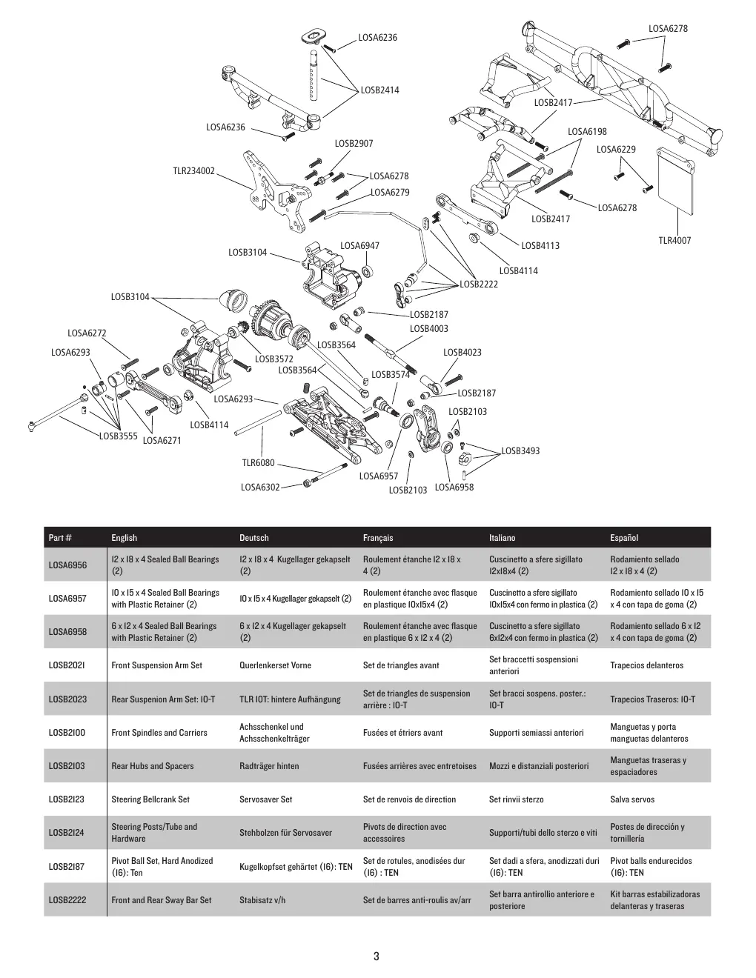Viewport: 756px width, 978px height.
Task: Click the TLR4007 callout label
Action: tap(674, 241)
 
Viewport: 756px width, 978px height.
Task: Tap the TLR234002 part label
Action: tap(194, 171)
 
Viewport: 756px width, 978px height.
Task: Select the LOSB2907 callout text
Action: tap(354, 144)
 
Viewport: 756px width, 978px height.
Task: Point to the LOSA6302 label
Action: tap(260, 487)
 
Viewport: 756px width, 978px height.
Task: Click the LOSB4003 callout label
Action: tap(429, 329)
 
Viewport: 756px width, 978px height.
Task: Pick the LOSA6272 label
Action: tap(87, 333)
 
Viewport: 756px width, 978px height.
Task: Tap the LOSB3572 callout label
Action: tap(273, 359)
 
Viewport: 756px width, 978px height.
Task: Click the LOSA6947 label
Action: tap(359, 246)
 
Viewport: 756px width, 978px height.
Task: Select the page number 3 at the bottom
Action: tap(377, 956)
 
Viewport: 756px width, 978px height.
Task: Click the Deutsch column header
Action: tap(254, 538)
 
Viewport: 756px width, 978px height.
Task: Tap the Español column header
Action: tap(624, 538)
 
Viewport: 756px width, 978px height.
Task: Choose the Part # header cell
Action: tap(60, 538)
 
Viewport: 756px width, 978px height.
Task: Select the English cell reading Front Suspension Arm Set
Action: tap(156, 665)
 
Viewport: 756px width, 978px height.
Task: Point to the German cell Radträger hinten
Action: tap(269, 766)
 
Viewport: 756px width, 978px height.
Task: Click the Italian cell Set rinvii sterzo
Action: tap(517, 799)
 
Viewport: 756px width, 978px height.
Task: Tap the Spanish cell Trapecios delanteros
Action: tap(646, 665)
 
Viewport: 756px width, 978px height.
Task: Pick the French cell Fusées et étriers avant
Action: tap(403, 733)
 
